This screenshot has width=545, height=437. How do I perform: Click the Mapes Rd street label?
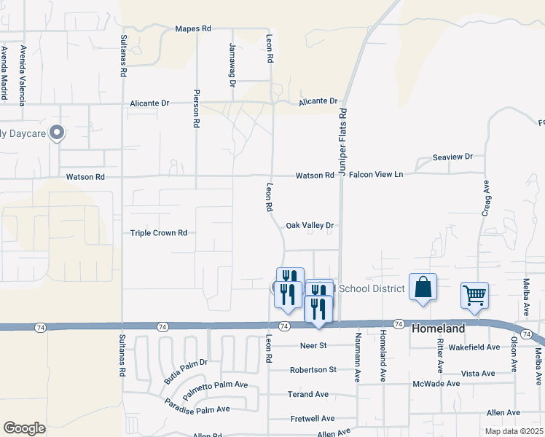point(193,28)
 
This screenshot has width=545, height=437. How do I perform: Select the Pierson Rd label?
point(196,109)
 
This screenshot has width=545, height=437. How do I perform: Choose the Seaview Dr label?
point(452,157)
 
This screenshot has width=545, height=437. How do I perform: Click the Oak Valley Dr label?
point(309,226)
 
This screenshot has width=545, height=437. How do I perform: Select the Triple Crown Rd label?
point(159,233)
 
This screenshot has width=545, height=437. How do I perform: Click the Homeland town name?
point(439,328)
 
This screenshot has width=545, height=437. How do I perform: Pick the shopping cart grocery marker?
point(474,296)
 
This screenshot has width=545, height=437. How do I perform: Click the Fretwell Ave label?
point(313,419)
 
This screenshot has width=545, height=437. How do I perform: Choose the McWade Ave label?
point(436,383)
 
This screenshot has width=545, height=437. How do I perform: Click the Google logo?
point(24,428)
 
